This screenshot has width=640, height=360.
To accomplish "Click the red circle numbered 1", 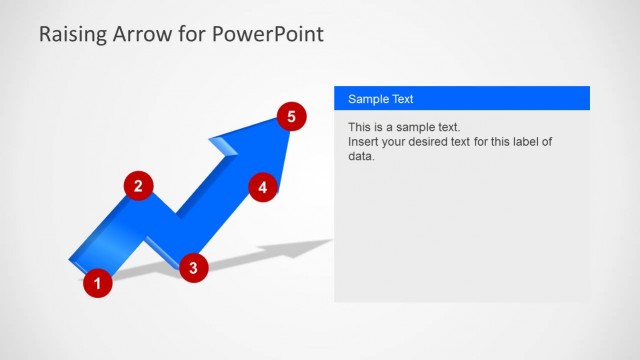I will pyautogui.click(x=97, y=284).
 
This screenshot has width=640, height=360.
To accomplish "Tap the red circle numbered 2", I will pyautogui.click(x=138, y=185).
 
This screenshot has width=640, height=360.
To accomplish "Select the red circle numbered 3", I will pyautogui.click(x=193, y=266).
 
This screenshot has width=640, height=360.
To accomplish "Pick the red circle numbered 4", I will pyautogui.click(x=262, y=187).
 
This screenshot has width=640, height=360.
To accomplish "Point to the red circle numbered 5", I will pyautogui.click(x=290, y=117).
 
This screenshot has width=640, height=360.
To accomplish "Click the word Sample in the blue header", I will pyautogui.click(x=368, y=99).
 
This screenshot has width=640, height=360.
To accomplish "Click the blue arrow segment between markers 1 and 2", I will pyautogui.click(x=115, y=235).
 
